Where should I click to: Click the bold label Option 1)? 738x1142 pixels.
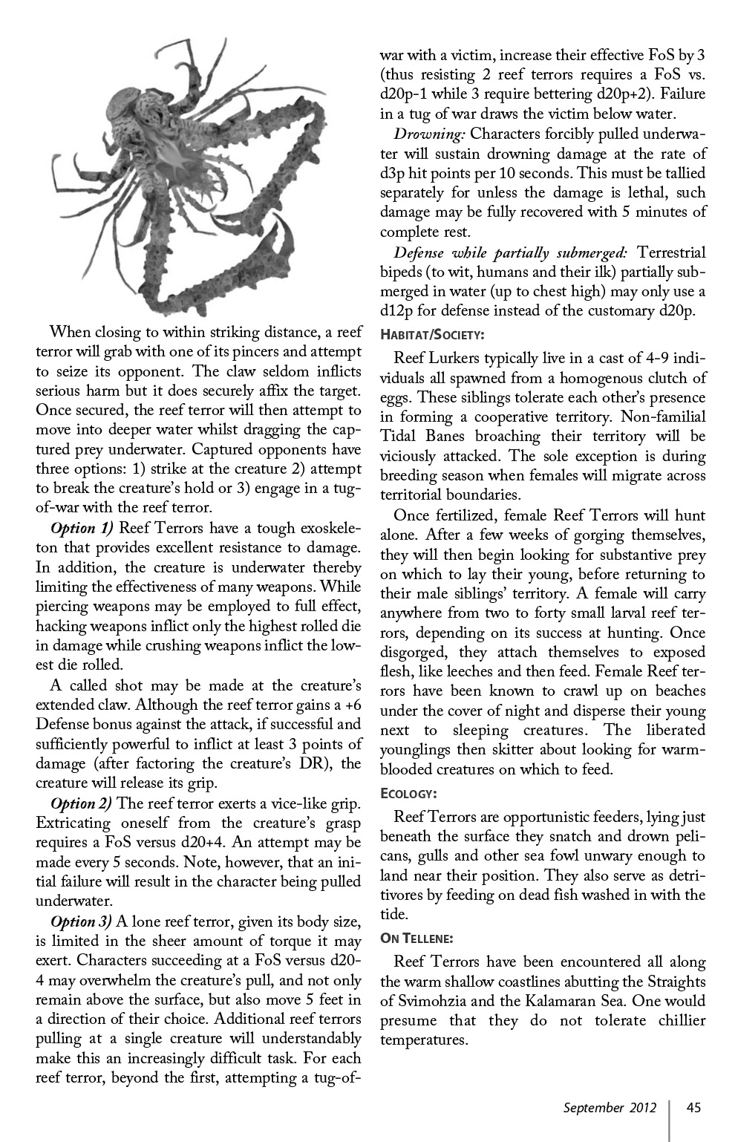tap(82, 529)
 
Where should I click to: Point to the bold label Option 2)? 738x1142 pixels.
tap(82, 803)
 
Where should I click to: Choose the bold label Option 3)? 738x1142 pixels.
tap(82, 921)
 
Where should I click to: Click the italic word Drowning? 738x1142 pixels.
tap(429, 134)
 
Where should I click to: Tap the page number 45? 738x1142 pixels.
tap(693, 1108)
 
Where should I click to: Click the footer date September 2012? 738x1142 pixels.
tap(610, 1108)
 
